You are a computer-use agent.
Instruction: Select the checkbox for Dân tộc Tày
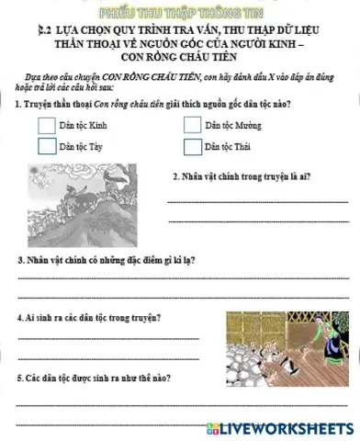click(x=47, y=145)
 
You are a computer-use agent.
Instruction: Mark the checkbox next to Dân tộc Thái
click(x=192, y=146)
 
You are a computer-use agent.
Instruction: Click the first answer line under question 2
click(x=256, y=200)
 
